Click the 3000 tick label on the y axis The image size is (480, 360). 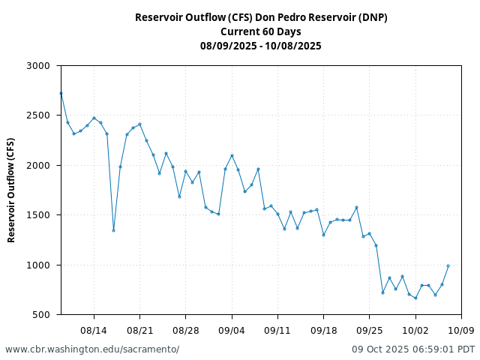37,66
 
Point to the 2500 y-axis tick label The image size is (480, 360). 37,115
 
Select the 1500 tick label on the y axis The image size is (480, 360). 37,215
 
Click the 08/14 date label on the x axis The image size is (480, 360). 94,330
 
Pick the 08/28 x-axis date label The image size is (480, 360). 185,330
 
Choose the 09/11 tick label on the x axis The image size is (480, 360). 277,330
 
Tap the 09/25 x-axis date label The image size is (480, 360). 369,330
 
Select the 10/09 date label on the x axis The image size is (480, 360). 461,330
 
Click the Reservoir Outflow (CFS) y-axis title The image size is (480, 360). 11,190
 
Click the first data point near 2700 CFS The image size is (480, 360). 61,93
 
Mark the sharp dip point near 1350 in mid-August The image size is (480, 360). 113,230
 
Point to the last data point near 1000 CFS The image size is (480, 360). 448,265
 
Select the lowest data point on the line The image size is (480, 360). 415,298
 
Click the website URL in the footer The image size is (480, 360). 92,349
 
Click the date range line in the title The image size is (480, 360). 261,46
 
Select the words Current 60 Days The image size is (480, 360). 261,31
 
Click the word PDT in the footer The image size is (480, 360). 466,349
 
